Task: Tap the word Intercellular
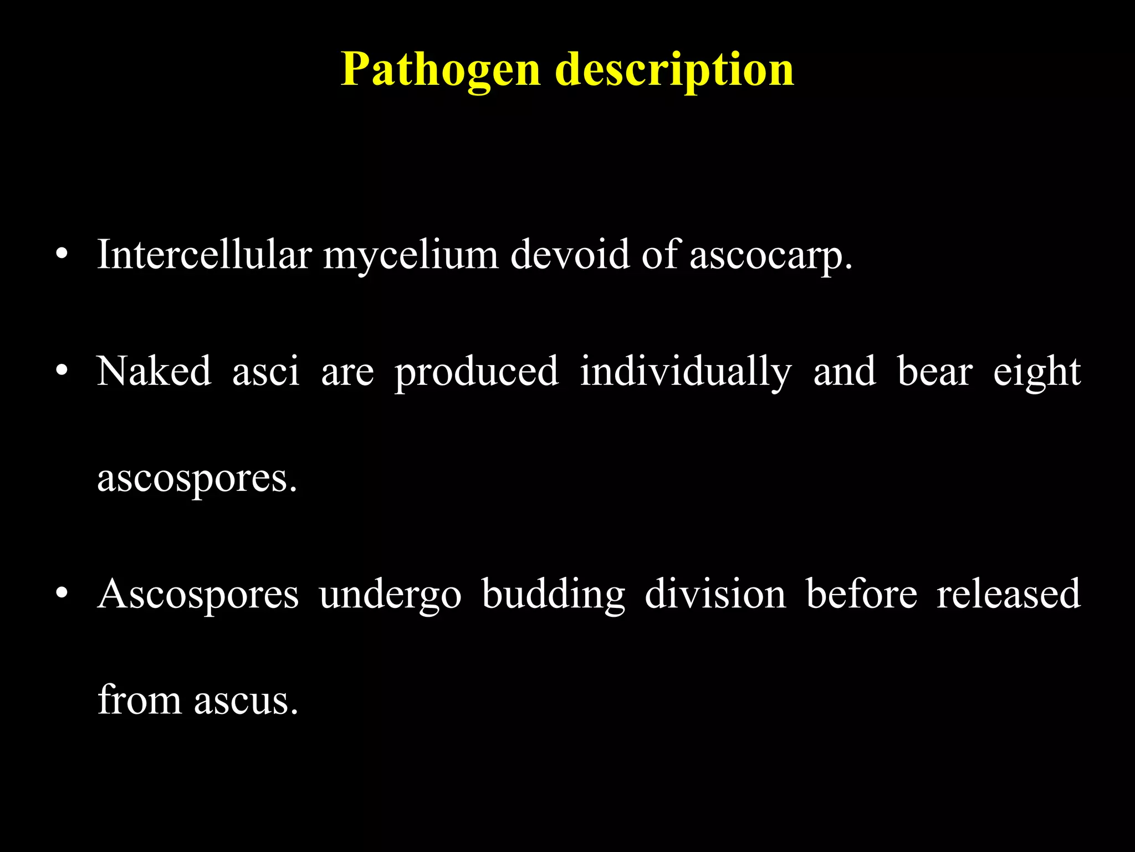(204, 256)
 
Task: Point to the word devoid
(570, 256)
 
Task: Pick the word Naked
(154, 371)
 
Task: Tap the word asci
(265, 372)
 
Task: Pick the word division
(715, 594)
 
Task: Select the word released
(1008, 594)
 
